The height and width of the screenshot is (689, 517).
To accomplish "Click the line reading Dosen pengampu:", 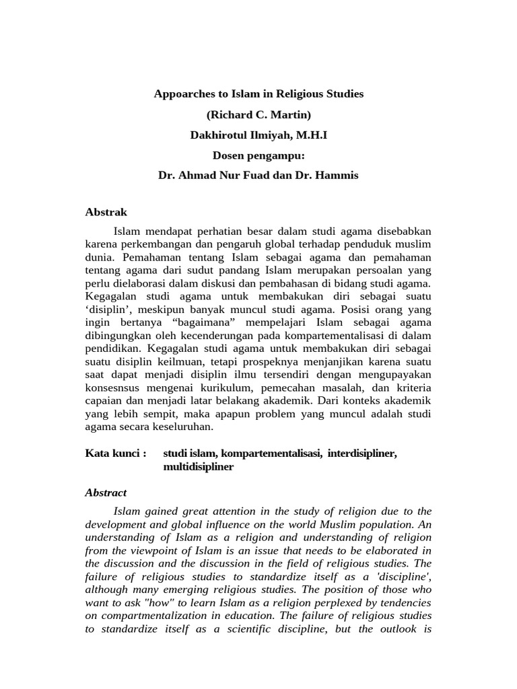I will [258, 155].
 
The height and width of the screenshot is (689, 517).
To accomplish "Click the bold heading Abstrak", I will [106, 212].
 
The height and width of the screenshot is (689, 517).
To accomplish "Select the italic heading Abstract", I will [106, 493].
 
